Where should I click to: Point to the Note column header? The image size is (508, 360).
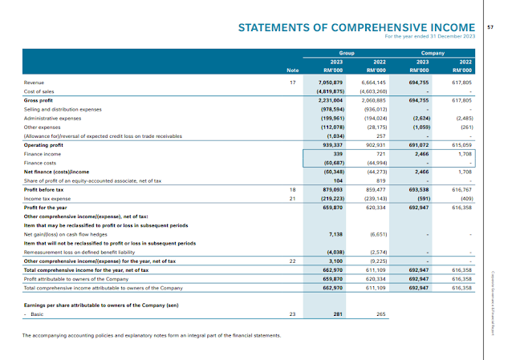pyautogui.click(x=293, y=69)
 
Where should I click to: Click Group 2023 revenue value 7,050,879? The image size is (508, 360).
pyautogui.click(x=331, y=83)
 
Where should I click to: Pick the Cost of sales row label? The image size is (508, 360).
pyautogui.click(x=39, y=91)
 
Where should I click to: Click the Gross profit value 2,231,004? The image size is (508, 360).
pyautogui.click(x=331, y=100)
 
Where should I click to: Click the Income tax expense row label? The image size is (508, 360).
pyautogui.click(x=47, y=197)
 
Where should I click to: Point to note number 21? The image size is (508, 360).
pyautogui.click(x=292, y=197)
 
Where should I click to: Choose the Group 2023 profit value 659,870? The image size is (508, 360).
pyautogui.click(x=333, y=206)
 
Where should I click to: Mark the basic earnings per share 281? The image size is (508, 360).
pyautogui.click(x=339, y=313)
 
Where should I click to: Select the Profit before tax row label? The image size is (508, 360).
pyautogui.click(x=44, y=188)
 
